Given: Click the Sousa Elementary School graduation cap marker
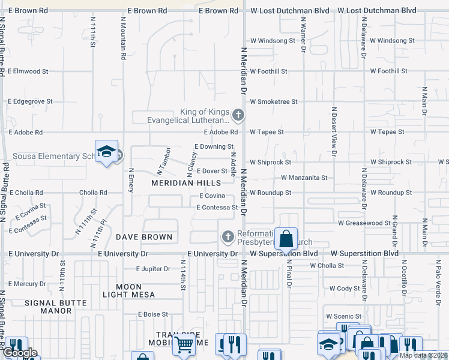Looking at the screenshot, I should click(x=106, y=152).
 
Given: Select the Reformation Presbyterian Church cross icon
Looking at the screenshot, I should click(x=228, y=237).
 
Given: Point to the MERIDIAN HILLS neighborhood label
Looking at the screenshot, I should click(x=185, y=183).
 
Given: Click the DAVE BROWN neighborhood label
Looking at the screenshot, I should click(x=144, y=237).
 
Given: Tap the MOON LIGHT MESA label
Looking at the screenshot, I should click(x=128, y=291).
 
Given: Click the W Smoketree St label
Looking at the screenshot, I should click(x=274, y=101).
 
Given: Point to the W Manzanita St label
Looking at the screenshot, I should click(x=304, y=178).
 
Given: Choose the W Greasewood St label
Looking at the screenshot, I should click(x=364, y=223).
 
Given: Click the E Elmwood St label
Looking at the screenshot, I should click(x=28, y=71).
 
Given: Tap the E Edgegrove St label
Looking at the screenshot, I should click(x=31, y=101).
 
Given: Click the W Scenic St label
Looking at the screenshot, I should click(x=344, y=316).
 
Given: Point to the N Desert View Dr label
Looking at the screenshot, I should click(x=334, y=130).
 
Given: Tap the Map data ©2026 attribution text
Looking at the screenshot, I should click(x=423, y=355).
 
